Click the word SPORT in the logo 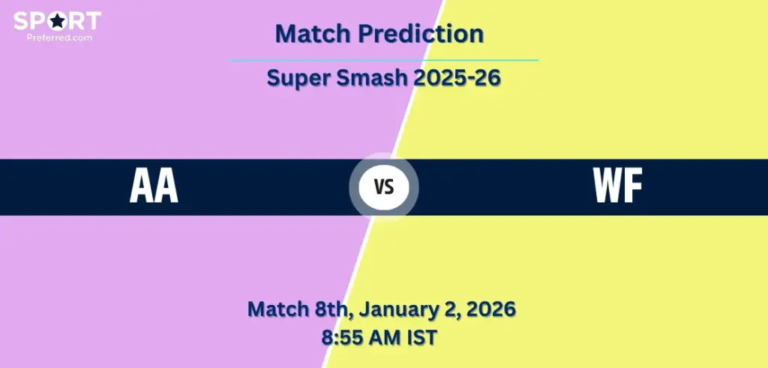57,20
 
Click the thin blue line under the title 383,60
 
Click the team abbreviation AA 154,188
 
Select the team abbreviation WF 618,188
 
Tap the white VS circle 384,188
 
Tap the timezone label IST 423,337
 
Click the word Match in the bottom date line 274,309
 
